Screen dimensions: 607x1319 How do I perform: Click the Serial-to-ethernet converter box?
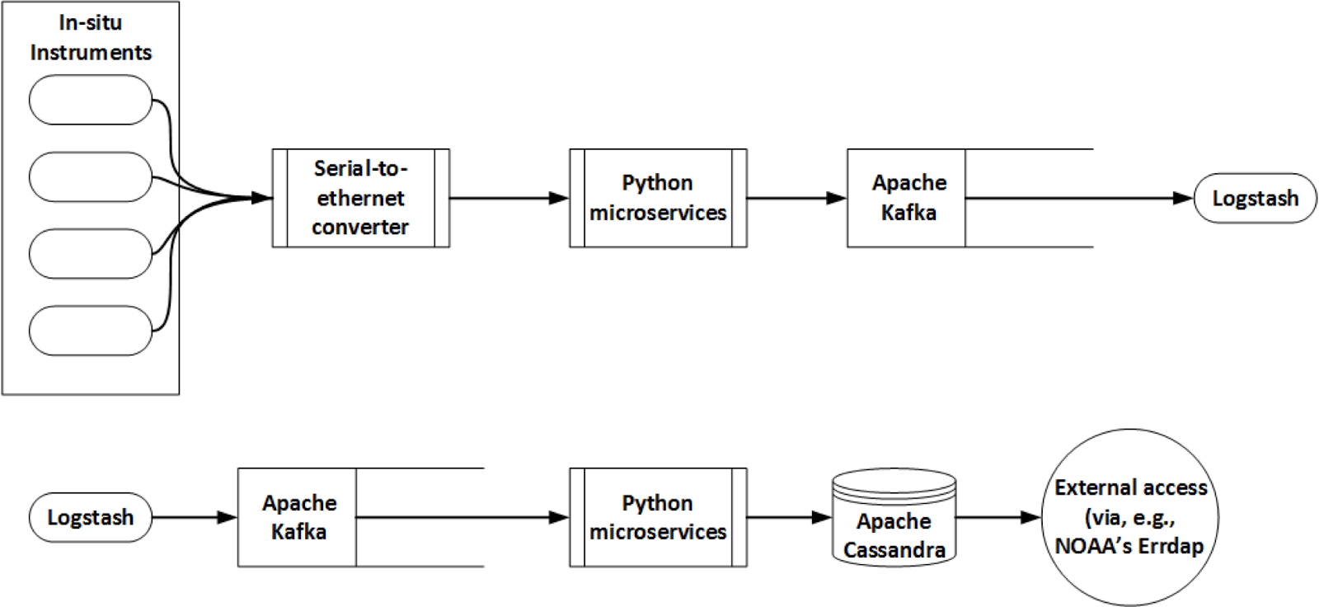(x=360, y=198)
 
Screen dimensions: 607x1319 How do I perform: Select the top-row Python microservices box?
(x=658, y=198)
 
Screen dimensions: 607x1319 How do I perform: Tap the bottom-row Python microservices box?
(x=658, y=517)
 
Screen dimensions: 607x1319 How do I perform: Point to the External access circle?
(x=1130, y=517)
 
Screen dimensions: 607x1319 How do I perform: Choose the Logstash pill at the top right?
(x=1255, y=198)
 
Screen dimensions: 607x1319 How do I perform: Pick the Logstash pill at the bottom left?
(x=90, y=517)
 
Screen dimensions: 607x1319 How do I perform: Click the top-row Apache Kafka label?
(x=908, y=198)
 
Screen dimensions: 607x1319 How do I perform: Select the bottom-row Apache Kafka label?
(x=298, y=517)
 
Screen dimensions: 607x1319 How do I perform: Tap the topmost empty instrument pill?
(x=90, y=100)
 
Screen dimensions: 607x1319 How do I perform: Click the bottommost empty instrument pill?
(x=90, y=331)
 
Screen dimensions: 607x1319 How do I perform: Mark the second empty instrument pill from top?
(x=90, y=176)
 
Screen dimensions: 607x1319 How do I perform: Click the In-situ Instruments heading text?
(x=91, y=38)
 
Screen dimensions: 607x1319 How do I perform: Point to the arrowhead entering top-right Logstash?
(x=1183, y=198)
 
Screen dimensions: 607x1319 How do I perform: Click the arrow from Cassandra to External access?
(x=997, y=517)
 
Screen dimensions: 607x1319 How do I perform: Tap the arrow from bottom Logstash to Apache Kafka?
(x=195, y=517)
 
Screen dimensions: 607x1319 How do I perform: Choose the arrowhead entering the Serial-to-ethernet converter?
(x=261, y=198)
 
